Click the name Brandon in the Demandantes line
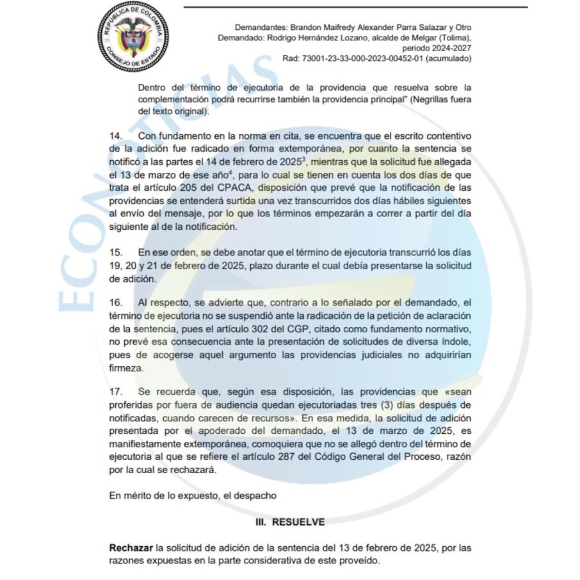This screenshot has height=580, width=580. (307, 28)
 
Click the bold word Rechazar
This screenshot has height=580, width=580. (131, 549)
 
